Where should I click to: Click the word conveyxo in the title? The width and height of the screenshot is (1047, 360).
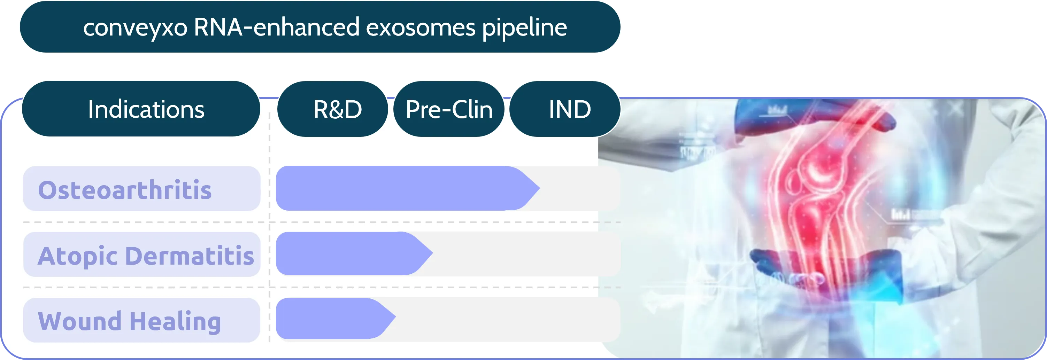tap(135, 28)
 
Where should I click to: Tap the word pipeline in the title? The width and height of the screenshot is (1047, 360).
tap(524, 28)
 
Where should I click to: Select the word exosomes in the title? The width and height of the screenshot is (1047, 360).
tap(420, 28)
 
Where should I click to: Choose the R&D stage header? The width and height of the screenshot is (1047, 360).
tap(337, 109)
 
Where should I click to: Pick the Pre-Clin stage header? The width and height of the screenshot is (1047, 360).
tap(449, 109)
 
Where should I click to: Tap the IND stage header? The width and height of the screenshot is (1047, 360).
tap(569, 109)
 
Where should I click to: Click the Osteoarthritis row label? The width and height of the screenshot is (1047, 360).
tap(125, 189)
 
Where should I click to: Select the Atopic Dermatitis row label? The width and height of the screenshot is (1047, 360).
tap(146, 255)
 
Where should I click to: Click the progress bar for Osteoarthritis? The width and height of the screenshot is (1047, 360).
tap(398, 188)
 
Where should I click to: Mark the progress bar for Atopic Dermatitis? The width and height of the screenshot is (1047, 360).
tap(346, 253)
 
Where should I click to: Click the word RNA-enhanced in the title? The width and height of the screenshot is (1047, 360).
tap(277, 28)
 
